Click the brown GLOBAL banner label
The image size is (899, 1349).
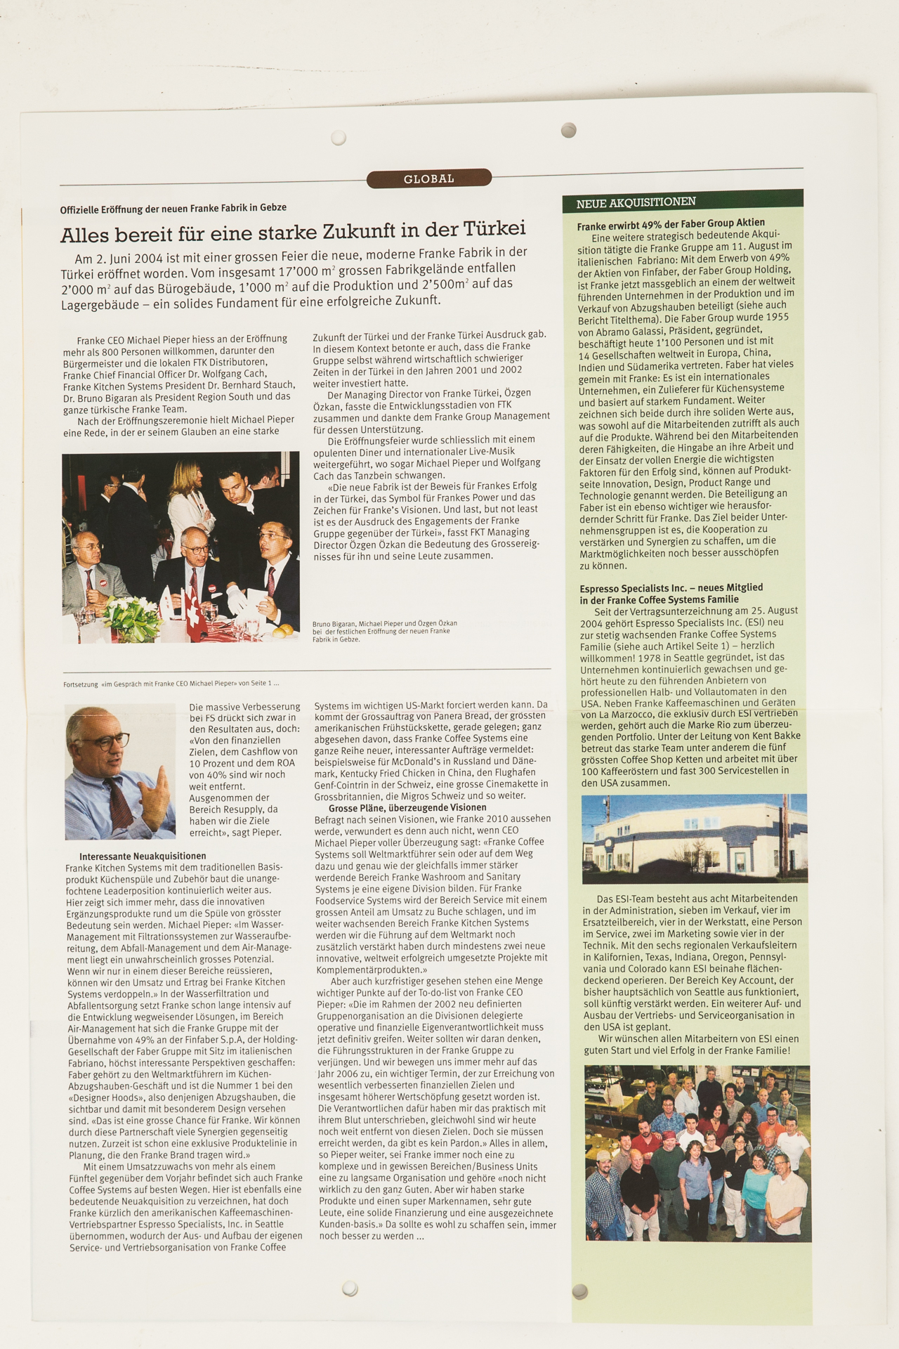tap(428, 179)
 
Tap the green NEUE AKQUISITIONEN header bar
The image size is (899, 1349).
tap(682, 202)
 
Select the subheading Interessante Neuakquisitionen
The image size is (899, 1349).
tap(143, 856)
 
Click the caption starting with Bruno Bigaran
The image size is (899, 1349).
tap(384, 631)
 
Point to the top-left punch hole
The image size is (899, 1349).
tap(339, 137)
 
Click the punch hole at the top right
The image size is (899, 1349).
tap(569, 130)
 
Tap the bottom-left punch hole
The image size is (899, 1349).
tap(350, 1288)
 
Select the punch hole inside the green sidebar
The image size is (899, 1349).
tap(580, 1290)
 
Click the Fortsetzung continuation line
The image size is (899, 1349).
tap(171, 683)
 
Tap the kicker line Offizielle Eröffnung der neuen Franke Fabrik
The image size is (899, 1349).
tap(173, 208)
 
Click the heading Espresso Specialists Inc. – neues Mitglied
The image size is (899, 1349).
tap(671, 594)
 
